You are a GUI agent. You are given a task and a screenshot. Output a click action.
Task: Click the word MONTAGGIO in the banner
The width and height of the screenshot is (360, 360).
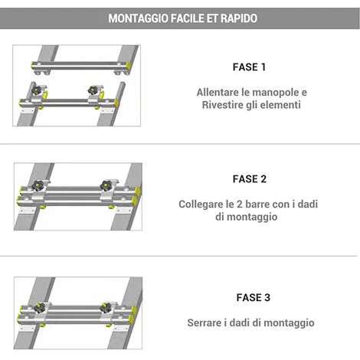pyautogui.click(x=138, y=18)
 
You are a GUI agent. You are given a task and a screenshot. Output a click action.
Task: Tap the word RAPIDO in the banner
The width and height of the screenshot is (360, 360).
pyautogui.click(x=239, y=18)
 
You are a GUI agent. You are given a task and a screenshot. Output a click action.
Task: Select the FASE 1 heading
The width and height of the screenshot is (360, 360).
pyautogui.click(x=249, y=67)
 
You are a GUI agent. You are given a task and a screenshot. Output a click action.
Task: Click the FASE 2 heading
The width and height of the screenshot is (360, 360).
pyautogui.click(x=250, y=179)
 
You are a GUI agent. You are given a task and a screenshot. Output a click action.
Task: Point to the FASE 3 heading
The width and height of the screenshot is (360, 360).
pyautogui.click(x=253, y=297)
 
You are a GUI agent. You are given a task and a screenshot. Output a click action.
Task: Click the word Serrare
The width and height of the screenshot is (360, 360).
pyautogui.click(x=205, y=322)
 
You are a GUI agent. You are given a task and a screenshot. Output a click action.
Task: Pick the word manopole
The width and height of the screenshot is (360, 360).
pyautogui.click(x=270, y=93)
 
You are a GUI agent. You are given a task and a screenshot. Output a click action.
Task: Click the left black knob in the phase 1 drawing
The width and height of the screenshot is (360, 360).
pyautogui.click(x=37, y=90)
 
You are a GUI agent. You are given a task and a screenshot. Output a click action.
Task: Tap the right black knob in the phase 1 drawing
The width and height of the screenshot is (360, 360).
pyautogui.click(x=93, y=90)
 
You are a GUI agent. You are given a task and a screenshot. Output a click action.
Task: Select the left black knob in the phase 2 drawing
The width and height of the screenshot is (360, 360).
pyautogui.click(x=38, y=185)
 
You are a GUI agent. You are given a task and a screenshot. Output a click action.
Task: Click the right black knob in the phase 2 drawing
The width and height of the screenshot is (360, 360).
pyautogui.click(x=106, y=185)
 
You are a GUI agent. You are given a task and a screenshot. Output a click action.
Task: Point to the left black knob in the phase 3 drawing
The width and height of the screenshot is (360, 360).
pyautogui.click(x=40, y=307)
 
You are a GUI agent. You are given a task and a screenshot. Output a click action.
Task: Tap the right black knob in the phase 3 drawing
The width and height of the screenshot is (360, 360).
pyautogui.click(x=106, y=308)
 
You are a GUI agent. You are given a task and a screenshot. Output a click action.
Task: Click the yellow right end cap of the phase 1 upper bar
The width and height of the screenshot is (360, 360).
pyautogui.click(x=129, y=66)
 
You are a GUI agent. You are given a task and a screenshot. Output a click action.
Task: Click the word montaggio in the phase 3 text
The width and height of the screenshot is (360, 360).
pyautogui.click(x=289, y=323)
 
